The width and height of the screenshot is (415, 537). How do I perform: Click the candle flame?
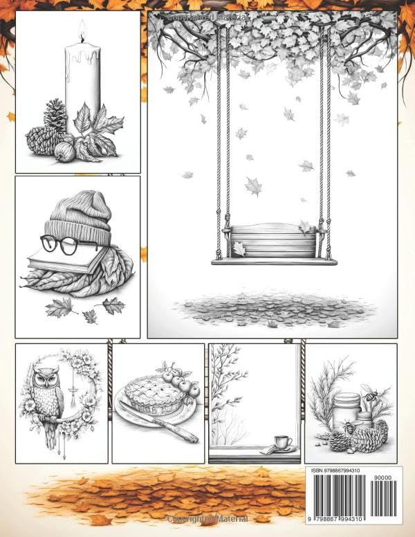(x=81, y=30)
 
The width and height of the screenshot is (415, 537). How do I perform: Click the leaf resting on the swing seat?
(x=239, y=248)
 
